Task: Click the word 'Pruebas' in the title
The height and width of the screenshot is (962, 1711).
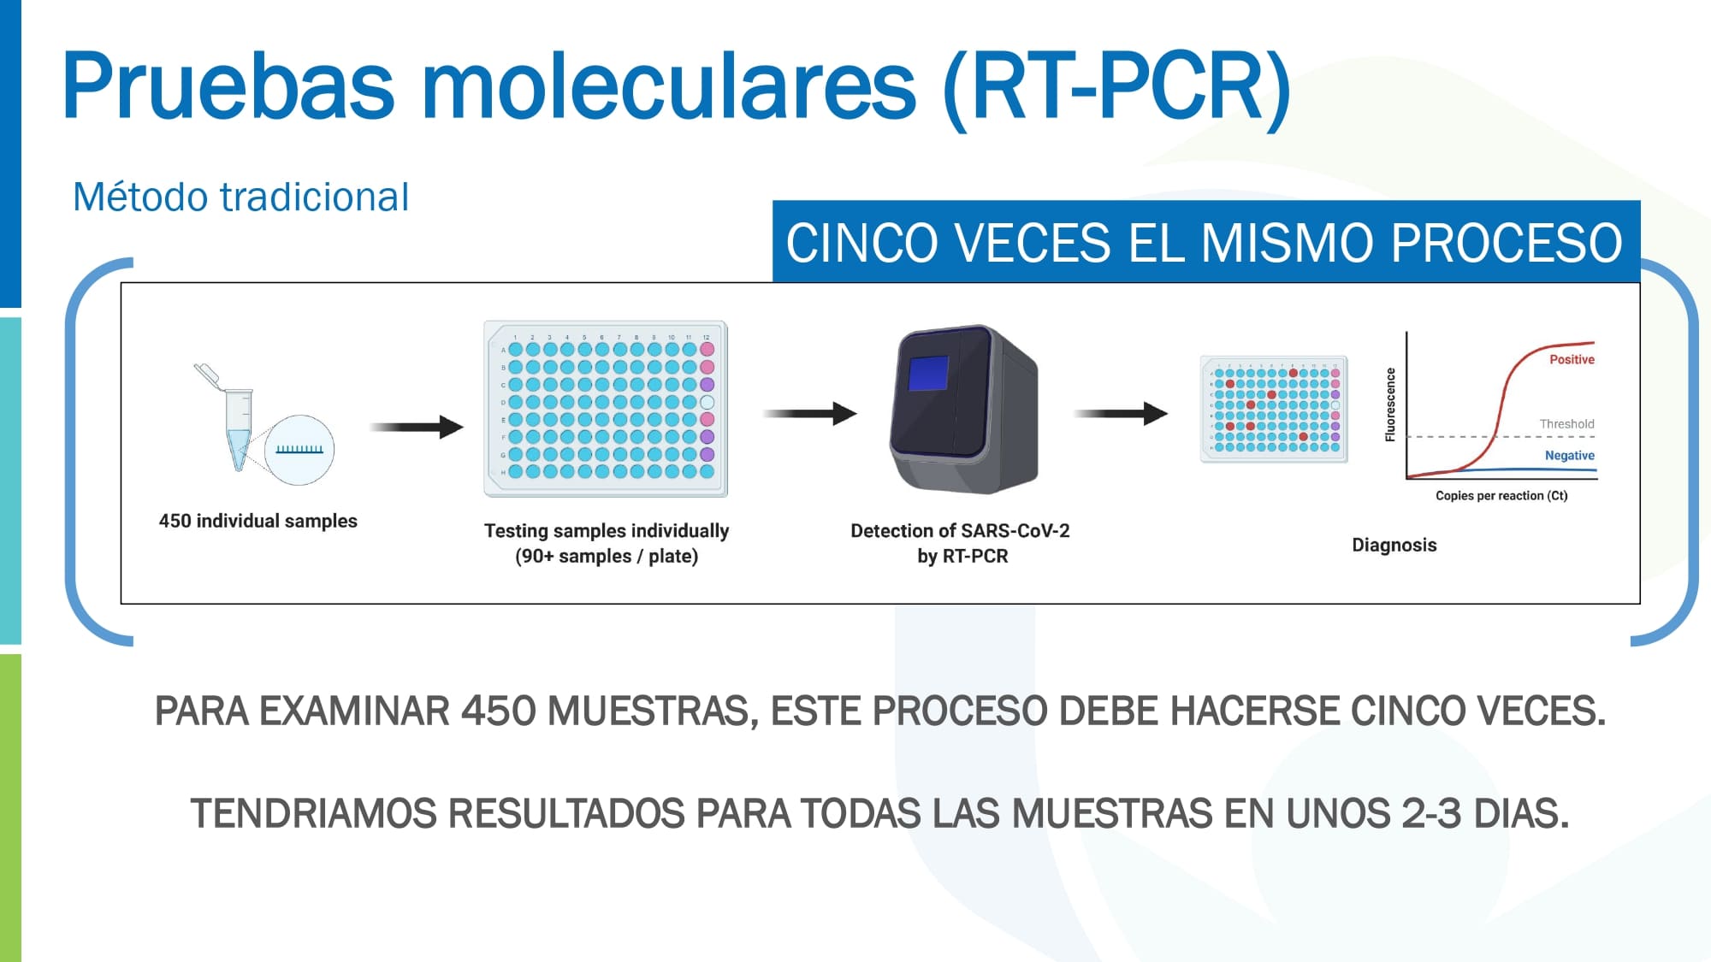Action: pyautogui.click(x=228, y=86)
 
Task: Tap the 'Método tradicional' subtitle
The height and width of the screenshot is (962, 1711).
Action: pyautogui.click(x=240, y=197)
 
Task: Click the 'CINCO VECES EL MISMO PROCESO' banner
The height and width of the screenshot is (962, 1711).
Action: pyautogui.click(x=1206, y=242)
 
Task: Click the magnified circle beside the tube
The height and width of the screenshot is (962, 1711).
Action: pyautogui.click(x=299, y=450)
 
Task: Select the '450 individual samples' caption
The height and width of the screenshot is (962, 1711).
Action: pyautogui.click(x=258, y=521)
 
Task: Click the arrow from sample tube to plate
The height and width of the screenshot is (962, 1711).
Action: pyautogui.click(x=417, y=426)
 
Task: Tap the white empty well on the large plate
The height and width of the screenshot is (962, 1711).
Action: pyautogui.click(x=707, y=402)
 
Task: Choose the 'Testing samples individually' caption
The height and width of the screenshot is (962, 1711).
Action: pyautogui.click(x=607, y=531)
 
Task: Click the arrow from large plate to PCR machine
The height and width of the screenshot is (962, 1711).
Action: pyautogui.click(x=810, y=414)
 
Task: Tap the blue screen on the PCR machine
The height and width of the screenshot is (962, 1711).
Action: pyautogui.click(x=928, y=373)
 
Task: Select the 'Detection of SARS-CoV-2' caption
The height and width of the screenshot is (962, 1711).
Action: pyautogui.click(x=960, y=531)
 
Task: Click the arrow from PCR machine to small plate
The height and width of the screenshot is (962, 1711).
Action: pyautogui.click(x=1121, y=414)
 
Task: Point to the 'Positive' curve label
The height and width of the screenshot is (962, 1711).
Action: pyautogui.click(x=1572, y=359)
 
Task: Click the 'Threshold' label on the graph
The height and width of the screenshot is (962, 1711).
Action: pyautogui.click(x=1567, y=423)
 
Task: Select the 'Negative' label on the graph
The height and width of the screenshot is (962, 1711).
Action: pyautogui.click(x=1570, y=455)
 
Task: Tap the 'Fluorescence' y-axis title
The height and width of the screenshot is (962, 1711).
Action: pyautogui.click(x=1390, y=404)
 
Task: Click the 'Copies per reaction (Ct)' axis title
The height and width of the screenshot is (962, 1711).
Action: pyautogui.click(x=1501, y=495)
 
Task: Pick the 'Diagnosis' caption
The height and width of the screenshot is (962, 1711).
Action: pyautogui.click(x=1394, y=545)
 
